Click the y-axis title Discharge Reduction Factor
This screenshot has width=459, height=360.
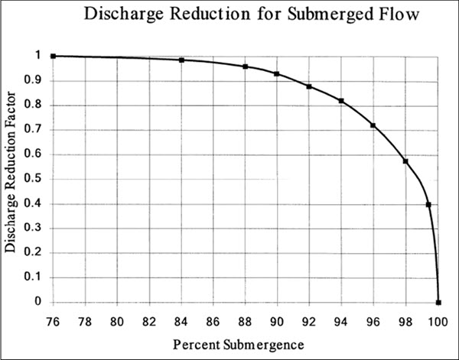pyautogui.click(x=11, y=178)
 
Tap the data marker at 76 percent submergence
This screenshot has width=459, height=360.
pyautogui.click(x=53, y=56)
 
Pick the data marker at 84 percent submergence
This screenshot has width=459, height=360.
pyautogui.click(x=181, y=60)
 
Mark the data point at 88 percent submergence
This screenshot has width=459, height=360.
pyautogui.click(x=246, y=66)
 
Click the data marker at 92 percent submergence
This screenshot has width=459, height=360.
pyautogui.click(x=309, y=86)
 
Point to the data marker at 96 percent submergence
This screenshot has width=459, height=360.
pyautogui.click(x=373, y=125)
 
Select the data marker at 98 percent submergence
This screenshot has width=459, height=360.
pyautogui.click(x=405, y=161)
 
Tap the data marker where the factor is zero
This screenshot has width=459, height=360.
pyautogui.click(x=438, y=302)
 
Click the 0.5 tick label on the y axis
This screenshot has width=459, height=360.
pyautogui.click(x=36, y=179)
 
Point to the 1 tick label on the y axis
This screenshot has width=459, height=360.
pyautogui.click(x=40, y=56)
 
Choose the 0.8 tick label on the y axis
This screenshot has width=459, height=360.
pyautogui.click(x=36, y=105)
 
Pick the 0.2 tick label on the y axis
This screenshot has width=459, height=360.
pyautogui.click(x=36, y=253)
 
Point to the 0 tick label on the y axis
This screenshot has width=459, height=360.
pyautogui.click(x=40, y=302)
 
